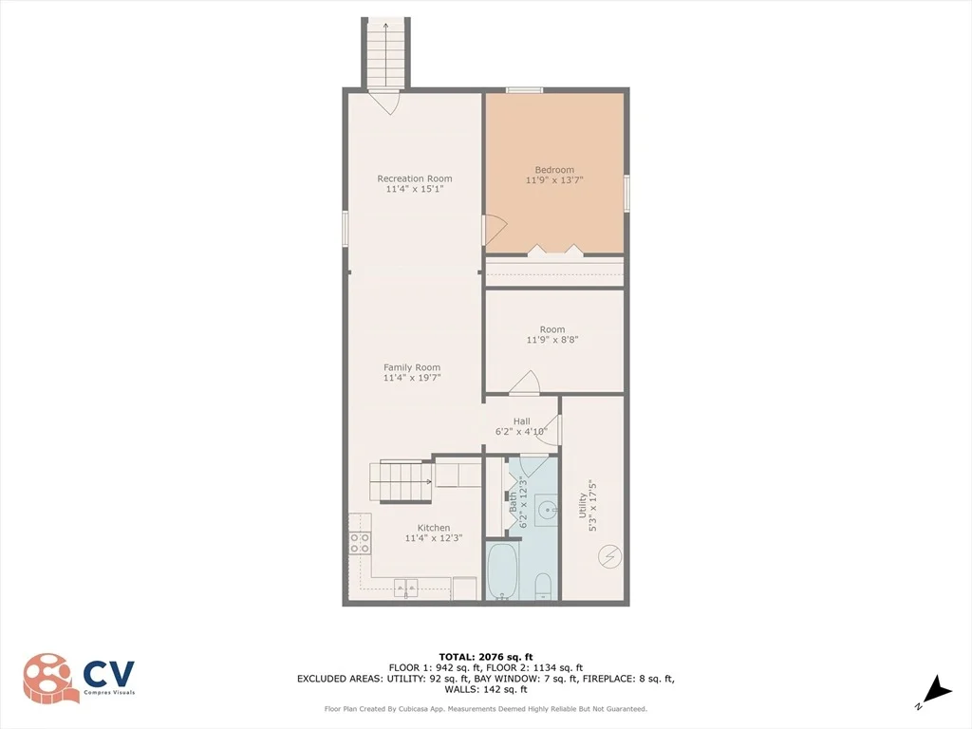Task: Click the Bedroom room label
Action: (x=554, y=170)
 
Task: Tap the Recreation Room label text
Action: (x=415, y=178)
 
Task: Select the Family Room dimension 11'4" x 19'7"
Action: (x=412, y=378)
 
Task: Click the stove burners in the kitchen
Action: (x=360, y=544)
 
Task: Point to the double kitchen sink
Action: (x=406, y=586)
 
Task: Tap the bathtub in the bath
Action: (x=502, y=571)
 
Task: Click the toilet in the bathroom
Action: (x=543, y=587)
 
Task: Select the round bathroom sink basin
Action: (x=548, y=512)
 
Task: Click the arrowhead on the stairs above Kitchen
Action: (x=428, y=481)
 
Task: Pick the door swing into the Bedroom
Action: (x=495, y=231)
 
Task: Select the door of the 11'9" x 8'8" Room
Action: (x=524, y=383)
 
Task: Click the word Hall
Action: (x=521, y=421)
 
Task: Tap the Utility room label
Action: (x=582, y=505)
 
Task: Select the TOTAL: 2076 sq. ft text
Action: (x=485, y=657)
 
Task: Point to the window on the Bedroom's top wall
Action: (x=524, y=90)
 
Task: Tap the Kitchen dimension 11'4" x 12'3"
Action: (x=433, y=538)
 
